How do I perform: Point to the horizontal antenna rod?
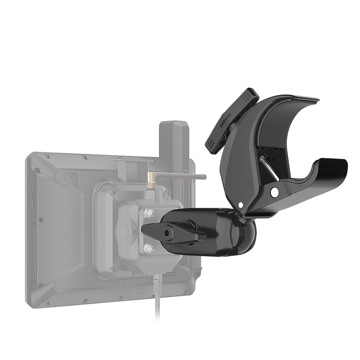pyautogui.click(x=179, y=177)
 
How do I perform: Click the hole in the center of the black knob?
pyautogui.click(x=167, y=233)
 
